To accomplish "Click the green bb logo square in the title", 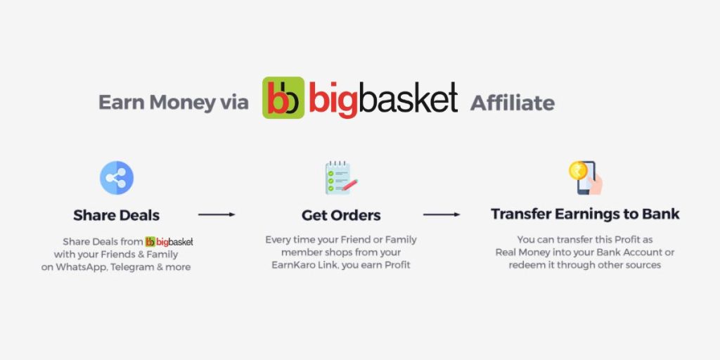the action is [x=283, y=98].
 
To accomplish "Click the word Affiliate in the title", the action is [x=513, y=103].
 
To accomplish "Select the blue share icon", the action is [x=117, y=178].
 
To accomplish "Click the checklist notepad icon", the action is [x=341, y=177].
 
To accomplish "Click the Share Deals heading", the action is [x=117, y=215].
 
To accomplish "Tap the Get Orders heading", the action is [x=341, y=215].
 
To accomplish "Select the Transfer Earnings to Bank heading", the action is [x=585, y=214].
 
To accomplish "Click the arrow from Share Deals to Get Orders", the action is [x=217, y=214].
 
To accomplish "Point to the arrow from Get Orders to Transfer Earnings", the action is [x=442, y=214].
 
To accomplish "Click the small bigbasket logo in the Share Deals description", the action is [x=169, y=242].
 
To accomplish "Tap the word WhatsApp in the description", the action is [x=81, y=266].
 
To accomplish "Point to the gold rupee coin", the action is [x=578, y=170].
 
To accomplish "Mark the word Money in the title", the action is [x=182, y=103].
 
